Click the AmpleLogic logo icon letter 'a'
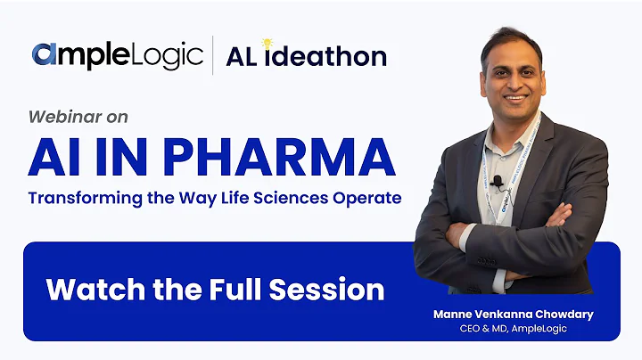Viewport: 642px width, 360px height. click(45, 55)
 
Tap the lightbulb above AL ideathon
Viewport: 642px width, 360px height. click(266, 45)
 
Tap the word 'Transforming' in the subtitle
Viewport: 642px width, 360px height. click(79, 197)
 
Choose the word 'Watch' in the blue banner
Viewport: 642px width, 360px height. click(87, 289)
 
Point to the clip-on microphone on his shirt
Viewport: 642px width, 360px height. click(498, 183)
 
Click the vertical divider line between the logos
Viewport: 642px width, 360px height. click(212, 55)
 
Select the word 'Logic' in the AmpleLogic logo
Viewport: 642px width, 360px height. click(169, 55)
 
